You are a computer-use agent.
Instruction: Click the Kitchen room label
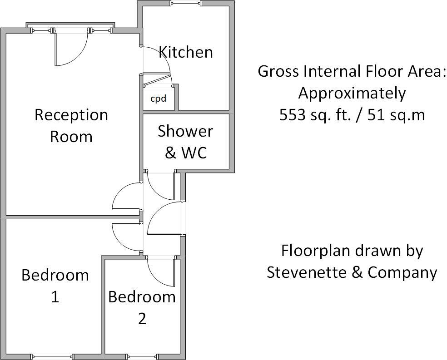(x=185, y=52)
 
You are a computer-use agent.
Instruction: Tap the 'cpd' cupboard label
(x=158, y=98)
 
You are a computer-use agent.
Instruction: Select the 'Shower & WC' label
(x=185, y=142)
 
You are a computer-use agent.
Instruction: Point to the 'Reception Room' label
(x=71, y=125)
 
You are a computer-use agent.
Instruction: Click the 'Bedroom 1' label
(x=55, y=286)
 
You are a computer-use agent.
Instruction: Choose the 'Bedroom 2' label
(x=142, y=307)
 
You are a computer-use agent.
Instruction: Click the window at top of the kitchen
(x=186, y=4)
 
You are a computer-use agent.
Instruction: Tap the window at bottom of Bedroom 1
(x=51, y=355)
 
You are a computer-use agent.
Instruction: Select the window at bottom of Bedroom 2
(x=142, y=355)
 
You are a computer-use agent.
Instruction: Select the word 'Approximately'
(x=352, y=94)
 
